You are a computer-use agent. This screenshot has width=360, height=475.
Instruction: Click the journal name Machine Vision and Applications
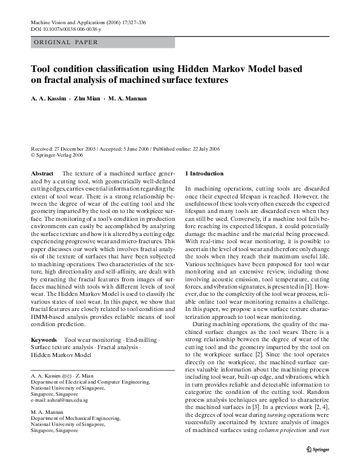[x=71, y=22]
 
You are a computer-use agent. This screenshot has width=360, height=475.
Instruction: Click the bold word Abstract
[x=42, y=174]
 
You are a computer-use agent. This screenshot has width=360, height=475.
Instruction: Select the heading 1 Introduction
[x=208, y=174]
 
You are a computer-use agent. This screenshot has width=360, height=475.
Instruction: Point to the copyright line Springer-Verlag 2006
[x=57, y=155]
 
